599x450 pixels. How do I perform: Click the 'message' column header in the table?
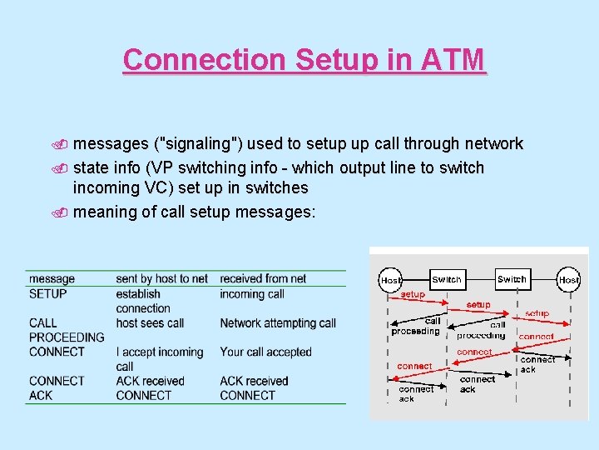tap(52, 278)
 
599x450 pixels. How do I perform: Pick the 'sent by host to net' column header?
tap(161, 278)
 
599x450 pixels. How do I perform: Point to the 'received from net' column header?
tap(263, 278)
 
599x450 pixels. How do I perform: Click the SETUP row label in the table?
tap(47, 293)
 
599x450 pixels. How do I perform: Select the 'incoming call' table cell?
tap(252, 293)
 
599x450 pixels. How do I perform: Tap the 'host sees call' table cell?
tap(150, 322)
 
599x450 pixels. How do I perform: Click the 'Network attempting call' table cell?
tap(278, 322)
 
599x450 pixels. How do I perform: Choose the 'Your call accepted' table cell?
tap(265, 352)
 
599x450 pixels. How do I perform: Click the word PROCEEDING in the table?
tap(67, 337)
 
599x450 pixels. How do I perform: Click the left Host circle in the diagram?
tap(390, 281)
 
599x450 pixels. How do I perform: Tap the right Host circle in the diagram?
tap(569, 281)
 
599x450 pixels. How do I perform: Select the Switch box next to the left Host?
tap(447, 280)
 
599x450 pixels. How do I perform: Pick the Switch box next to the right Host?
tap(512, 280)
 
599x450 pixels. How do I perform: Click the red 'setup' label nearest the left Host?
tap(413, 294)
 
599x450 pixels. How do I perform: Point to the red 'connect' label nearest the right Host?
tap(536, 337)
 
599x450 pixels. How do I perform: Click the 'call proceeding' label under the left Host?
tap(416, 326)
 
